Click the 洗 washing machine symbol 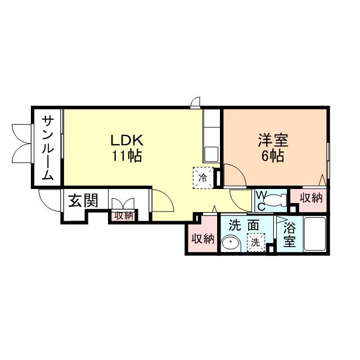tap(255, 242)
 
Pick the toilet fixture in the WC tap(276, 200)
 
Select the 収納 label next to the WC tap(310, 198)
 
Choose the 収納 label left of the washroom tap(202, 238)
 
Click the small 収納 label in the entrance tap(124, 215)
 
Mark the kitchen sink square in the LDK tap(211, 154)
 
